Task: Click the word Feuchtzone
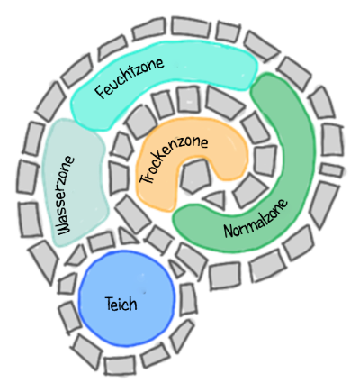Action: coord(130,77)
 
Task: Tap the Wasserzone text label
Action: coord(66,196)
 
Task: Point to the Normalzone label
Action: coord(256,218)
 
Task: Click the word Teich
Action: coord(121,304)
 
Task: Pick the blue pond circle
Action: coord(127,298)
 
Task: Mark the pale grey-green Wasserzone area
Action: coord(75,183)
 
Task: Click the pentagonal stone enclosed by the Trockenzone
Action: coord(196,176)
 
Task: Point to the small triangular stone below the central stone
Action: coord(216,199)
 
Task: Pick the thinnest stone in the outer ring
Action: coord(331,171)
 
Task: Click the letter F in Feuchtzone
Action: coord(101,91)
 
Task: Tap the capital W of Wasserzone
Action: coord(64,229)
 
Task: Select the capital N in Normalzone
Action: coord(229,231)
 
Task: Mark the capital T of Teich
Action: coord(110,304)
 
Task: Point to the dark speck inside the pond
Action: coord(145,292)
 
